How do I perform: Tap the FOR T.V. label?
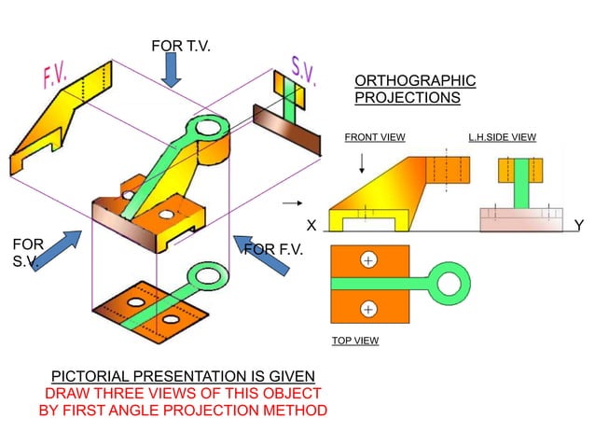point(180,46)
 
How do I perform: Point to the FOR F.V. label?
point(272,249)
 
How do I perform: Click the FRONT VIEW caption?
point(375,137)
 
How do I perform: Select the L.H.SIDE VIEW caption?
point(503,137)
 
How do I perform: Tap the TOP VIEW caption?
point(355,341)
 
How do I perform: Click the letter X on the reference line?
point(312,226)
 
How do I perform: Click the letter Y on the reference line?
point(579,226)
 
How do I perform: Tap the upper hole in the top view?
point(369,260)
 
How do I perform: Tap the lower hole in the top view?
point(369,308)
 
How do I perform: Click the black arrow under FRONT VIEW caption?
point(362,163)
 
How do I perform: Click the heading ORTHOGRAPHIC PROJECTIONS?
point(414,89)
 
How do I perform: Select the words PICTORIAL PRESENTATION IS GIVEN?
point(183,376)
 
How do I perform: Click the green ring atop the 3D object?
point(207,127)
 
